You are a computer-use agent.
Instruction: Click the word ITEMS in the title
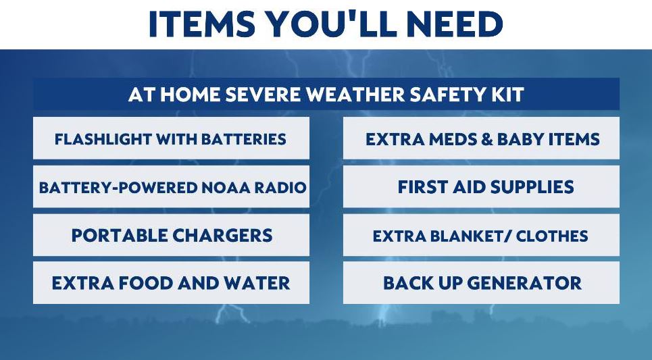(201, 24)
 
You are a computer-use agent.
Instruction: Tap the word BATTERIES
(244, 139)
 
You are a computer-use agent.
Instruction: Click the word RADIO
(280, 188)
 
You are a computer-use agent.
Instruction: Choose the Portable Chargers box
(172, 235)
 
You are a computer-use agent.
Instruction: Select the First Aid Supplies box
(481, 186)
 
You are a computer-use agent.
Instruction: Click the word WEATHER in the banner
(355, 95)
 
